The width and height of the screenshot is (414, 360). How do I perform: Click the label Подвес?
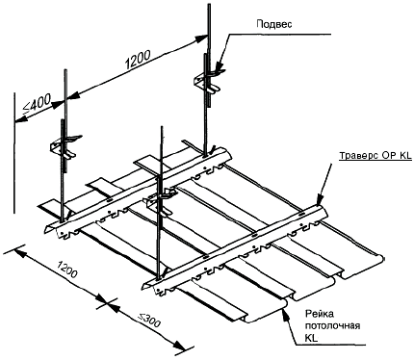[274, 24]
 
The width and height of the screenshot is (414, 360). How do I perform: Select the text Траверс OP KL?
[375, 156]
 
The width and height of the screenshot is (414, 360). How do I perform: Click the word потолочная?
[332, 325]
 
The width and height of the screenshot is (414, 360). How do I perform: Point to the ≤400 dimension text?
[37, 105]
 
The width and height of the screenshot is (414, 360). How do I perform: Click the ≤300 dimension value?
[148, 321]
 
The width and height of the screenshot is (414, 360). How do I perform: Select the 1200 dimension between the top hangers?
[138, 60]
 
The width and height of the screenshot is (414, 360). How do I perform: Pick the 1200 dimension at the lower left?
[66, 269]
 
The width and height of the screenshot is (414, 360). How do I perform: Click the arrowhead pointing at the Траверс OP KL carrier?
[319, 199]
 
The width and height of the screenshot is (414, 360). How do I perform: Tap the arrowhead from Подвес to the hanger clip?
[218, 67]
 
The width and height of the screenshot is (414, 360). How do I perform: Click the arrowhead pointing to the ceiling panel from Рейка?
[283, 313]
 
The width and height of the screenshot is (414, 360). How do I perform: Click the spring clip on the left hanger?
[65, 146]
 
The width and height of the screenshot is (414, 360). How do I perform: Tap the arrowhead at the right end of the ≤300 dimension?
[180, 346]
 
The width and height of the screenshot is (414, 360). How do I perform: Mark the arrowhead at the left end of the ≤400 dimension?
[20, 119]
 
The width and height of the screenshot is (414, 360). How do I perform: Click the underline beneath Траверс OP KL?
[375, 161]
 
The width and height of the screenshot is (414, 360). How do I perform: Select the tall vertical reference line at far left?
[14, 153]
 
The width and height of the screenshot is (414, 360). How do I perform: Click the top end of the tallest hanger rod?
[208, 5]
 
